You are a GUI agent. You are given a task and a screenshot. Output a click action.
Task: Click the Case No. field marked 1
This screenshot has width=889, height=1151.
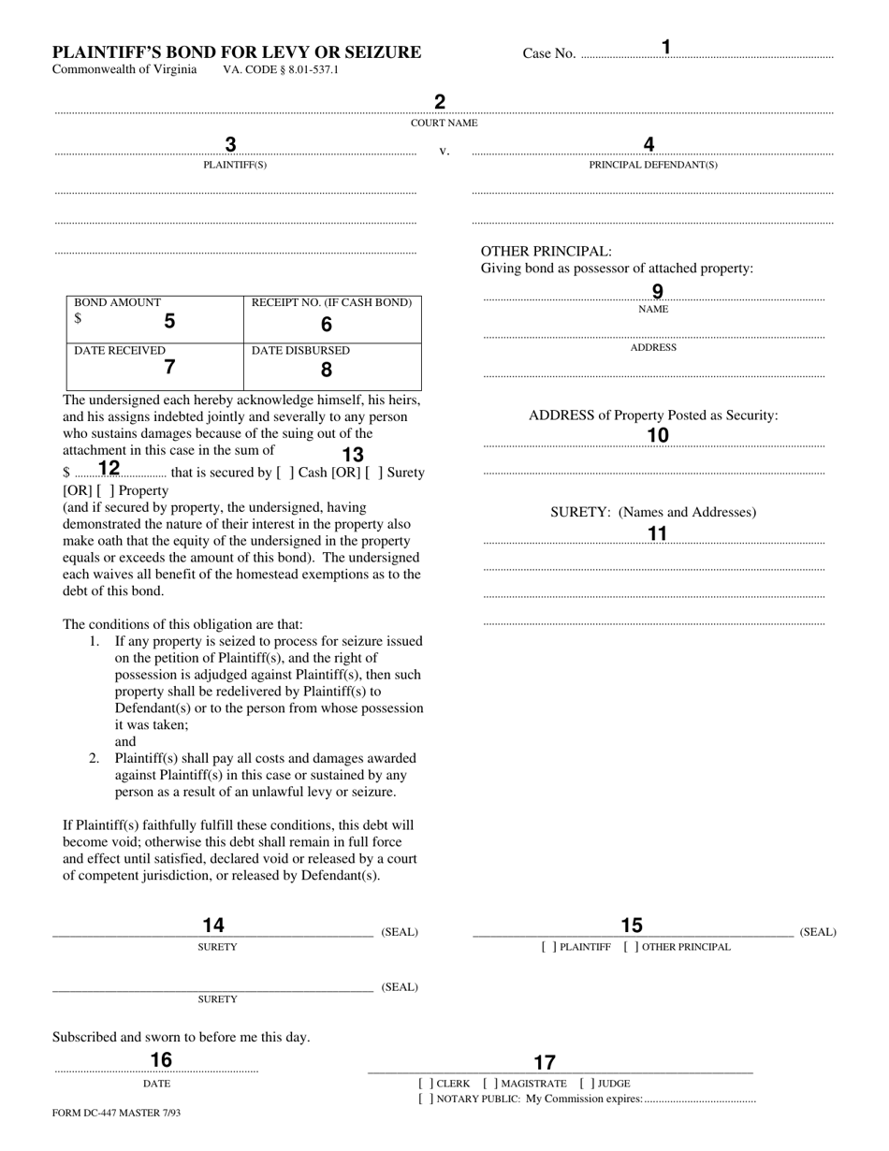click(707, 55)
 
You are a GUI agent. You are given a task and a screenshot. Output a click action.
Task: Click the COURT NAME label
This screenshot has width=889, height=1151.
click(444, 124)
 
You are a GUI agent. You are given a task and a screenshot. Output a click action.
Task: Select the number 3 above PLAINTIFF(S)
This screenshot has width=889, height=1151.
click(230, 145)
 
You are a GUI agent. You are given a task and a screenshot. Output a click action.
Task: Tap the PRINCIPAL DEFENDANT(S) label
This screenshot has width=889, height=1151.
click(653, 166)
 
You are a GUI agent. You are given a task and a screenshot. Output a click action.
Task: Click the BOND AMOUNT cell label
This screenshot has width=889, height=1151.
click(118, 303)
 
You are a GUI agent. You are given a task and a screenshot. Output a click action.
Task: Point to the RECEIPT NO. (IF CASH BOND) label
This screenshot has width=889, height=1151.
click(331, 303)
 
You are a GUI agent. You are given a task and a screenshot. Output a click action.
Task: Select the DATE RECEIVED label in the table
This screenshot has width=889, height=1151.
click(120, 351)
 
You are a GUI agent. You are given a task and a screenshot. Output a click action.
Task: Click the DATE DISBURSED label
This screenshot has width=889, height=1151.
click(300, 351)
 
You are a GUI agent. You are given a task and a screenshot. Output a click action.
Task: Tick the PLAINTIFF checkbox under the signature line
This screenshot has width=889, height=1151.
click(549, 947)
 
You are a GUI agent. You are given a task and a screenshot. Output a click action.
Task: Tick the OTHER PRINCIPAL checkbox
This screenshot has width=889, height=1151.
click(632, 947)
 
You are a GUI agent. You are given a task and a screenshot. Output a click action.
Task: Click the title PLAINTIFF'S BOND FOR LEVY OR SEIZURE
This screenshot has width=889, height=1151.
click(236, 52)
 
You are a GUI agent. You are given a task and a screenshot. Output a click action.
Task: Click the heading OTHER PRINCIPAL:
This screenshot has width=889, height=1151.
click(547, 252)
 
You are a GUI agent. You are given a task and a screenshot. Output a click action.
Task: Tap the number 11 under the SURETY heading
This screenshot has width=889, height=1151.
click(658, 534)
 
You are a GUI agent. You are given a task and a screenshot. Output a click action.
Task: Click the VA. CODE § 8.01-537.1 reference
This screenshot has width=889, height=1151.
click(281, 70)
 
